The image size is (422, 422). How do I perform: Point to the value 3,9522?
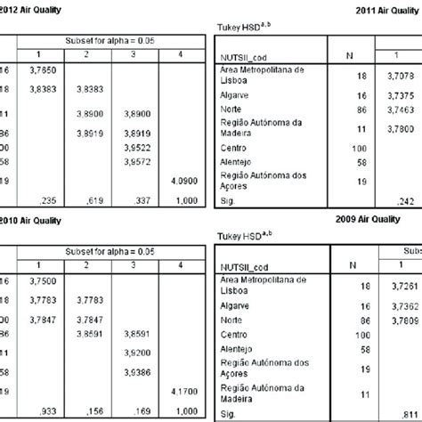tap(136, 146)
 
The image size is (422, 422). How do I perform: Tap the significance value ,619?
tap(89, 201)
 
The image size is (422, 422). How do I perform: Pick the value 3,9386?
tap(136, 371)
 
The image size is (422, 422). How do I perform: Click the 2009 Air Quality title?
tap(373, 218)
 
